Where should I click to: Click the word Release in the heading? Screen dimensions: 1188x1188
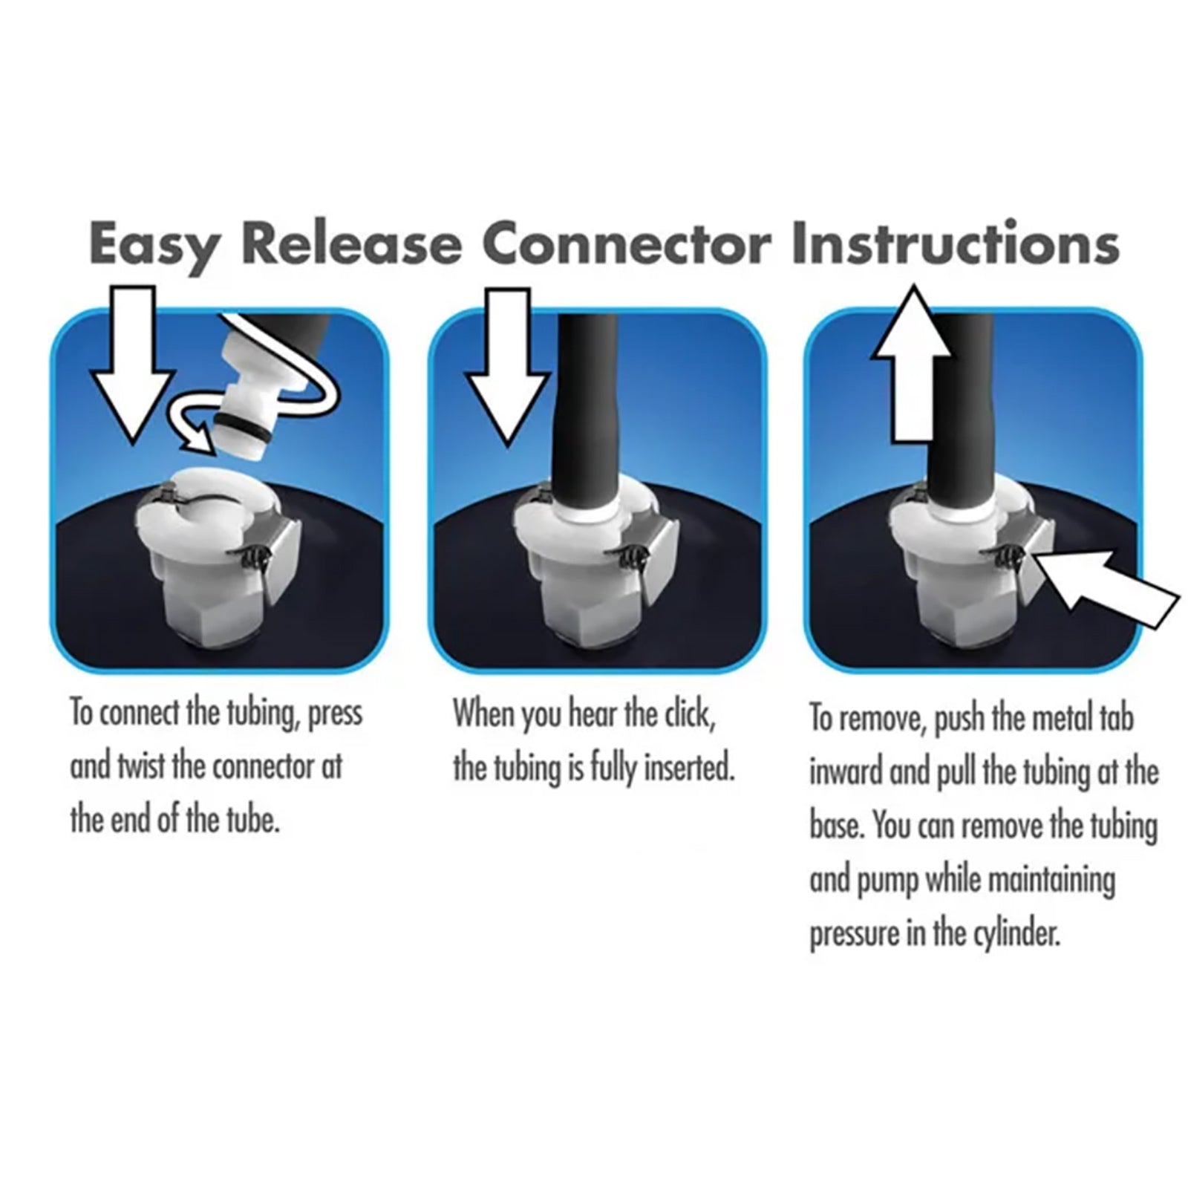351,243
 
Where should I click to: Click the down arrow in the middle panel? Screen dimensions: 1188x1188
508,365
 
